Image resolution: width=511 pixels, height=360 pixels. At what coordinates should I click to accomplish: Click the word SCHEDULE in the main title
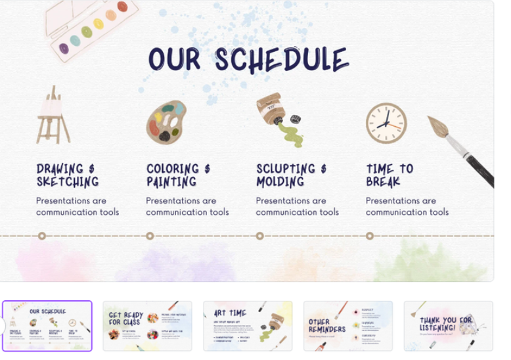point(282,60)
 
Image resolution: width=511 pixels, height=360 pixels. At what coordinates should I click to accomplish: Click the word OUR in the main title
point(174,60)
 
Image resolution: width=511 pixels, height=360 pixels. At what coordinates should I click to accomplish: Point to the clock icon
point(386,123)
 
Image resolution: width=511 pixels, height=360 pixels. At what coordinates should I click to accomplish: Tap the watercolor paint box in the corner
point(93,28)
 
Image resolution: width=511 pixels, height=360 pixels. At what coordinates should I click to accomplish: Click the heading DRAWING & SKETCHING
point(67,175)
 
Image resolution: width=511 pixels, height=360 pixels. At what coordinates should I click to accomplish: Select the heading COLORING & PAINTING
point(177,175)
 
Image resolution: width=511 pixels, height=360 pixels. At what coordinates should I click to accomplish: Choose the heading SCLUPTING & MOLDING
point(291,175)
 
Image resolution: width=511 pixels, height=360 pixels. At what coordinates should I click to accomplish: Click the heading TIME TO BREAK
point(389,175)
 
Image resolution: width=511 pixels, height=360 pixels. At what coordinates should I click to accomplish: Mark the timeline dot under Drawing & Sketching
point(42,236)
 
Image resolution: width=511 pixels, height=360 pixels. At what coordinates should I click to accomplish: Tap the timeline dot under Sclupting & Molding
point(260,236)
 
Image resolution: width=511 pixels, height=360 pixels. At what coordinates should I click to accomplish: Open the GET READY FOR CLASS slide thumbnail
point(147,326)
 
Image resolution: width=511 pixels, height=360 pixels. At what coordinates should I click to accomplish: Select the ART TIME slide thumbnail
point(248,326)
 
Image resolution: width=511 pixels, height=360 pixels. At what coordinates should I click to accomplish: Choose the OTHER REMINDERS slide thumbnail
point(348,326)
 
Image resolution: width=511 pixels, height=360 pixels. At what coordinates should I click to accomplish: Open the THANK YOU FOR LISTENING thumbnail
point(448,326)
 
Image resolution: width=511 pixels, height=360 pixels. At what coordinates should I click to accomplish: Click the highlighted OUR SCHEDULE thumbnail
point(47,326)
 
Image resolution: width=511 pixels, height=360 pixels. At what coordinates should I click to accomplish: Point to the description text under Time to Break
point(407,206)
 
